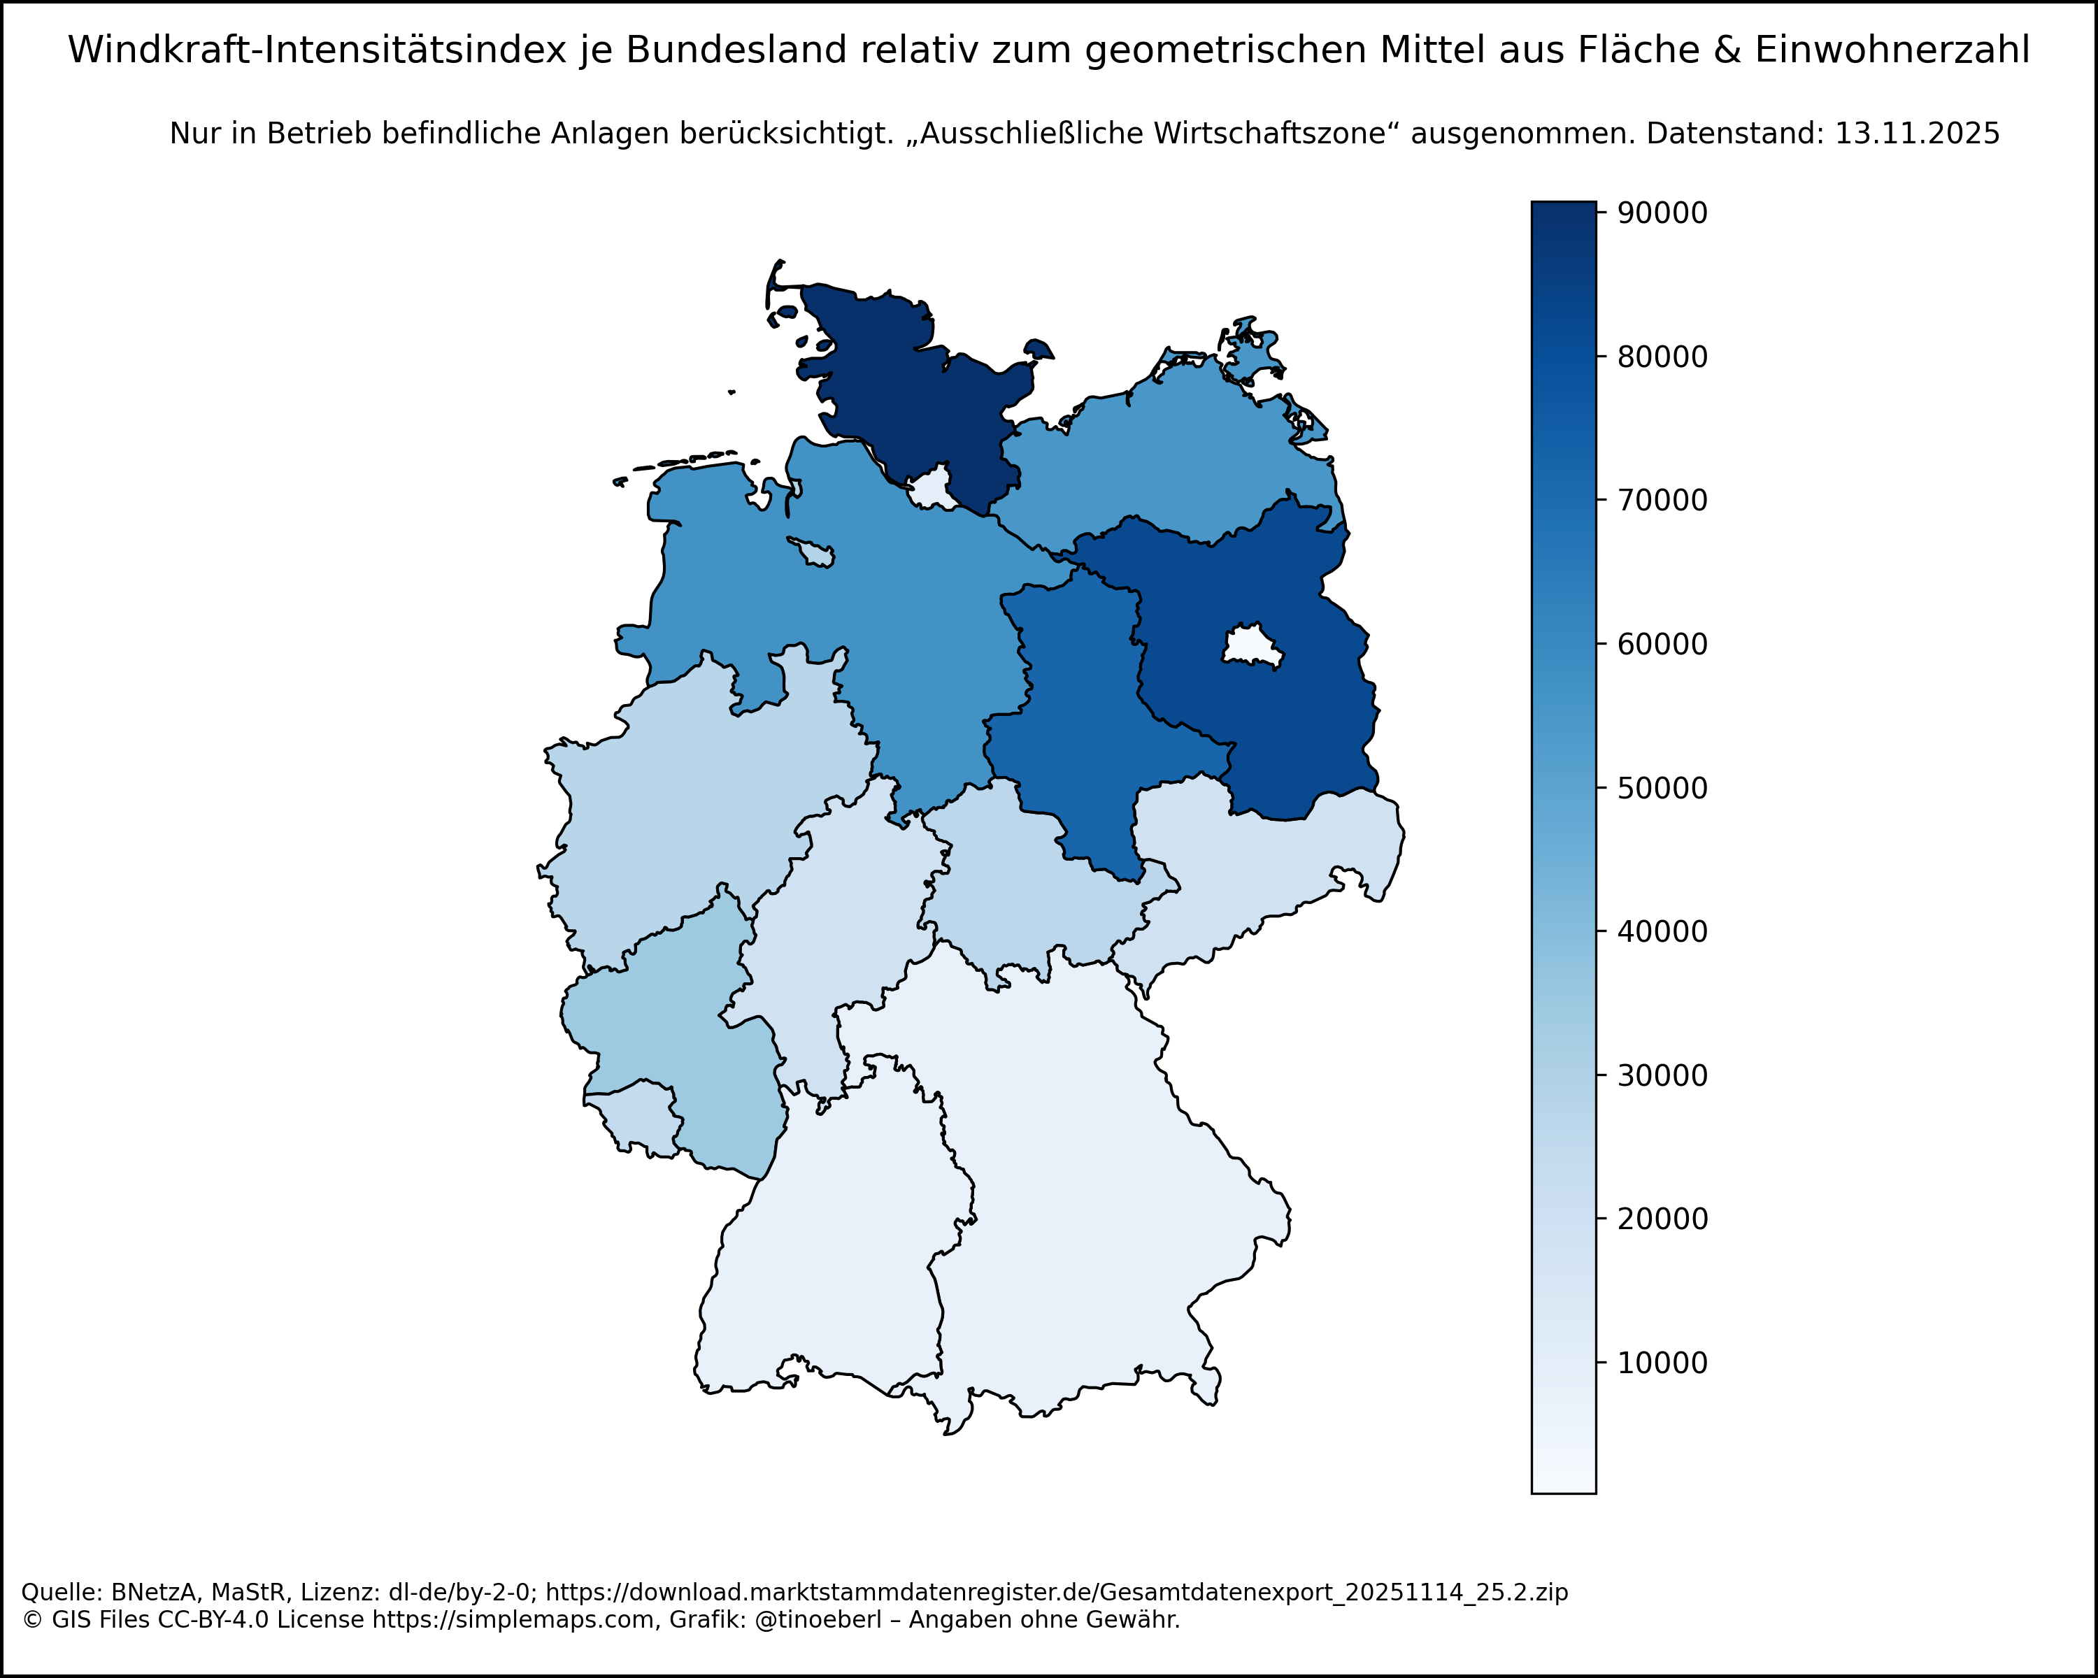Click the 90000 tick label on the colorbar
coord(1662,213)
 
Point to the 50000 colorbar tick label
coord(1662,788)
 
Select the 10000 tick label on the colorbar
coord(1662,1363)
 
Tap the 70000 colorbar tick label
coord(1662,500)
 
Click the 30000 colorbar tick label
coord(1662,1076)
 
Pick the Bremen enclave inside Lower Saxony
coord(815,552)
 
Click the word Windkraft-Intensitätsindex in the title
coord(317,50)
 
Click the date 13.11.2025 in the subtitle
coord(1917,134)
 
